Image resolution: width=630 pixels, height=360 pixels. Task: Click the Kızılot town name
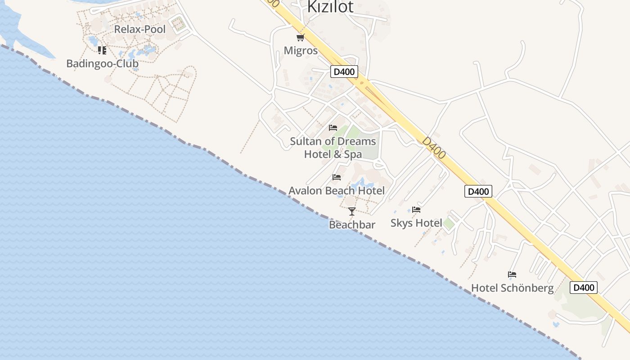[x=330, y=6]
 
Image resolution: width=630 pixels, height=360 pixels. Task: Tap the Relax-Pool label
[x=140, y=29]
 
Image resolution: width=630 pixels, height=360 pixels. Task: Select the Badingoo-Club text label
[x=102, y=63]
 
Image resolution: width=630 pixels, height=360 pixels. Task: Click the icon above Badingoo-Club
[x=102, y=50]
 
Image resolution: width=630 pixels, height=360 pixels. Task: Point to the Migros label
[x=301, y=50]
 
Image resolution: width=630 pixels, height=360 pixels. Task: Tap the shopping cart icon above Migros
[x=300, y=37]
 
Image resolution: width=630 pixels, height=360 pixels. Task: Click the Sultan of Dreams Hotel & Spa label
[x=333, y=148]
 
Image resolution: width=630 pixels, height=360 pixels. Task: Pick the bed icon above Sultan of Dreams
[x=333, y=128]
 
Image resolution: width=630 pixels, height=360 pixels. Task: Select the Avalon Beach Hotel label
[x=337, y=190]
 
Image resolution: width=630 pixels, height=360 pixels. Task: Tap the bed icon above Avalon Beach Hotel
[x=337, y=177]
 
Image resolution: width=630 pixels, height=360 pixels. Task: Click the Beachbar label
[x=352, y=225]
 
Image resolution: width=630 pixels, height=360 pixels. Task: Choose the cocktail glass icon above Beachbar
[x=352, y=211]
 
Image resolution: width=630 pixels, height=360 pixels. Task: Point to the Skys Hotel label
[x=416, y=223]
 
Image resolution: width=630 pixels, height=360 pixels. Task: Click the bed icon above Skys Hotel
[x=416, y=210]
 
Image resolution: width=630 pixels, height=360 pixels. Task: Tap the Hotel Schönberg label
[x=512, y=288]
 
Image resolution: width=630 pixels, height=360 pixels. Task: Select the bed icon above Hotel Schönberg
[x=512, y=274]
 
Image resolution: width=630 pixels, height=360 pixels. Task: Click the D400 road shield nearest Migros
[x=344, y=71]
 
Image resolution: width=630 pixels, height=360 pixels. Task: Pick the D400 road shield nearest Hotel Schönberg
[x=583, y=288]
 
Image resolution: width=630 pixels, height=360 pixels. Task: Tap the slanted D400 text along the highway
[x=434, y=148]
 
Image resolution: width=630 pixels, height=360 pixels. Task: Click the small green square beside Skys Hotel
[x=449, y=224]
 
